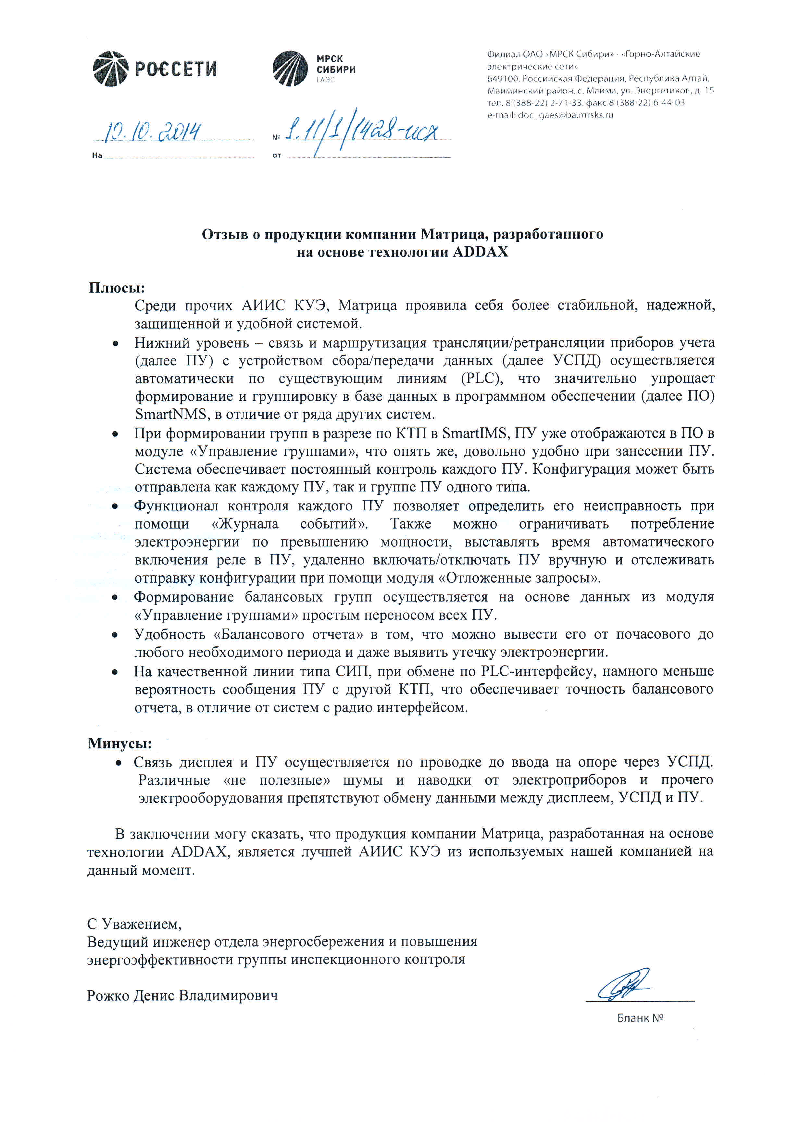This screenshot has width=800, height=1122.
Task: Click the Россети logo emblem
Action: point(110,69)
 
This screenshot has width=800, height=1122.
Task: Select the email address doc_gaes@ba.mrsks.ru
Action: point(550,115)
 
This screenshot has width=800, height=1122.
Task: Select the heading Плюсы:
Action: point(117,288)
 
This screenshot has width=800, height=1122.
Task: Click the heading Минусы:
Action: point(120,743)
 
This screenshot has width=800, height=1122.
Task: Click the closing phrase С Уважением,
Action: point(134,923)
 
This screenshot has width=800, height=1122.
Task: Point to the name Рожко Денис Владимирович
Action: point(182,995)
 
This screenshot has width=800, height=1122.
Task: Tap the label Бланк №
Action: point(640,1018)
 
